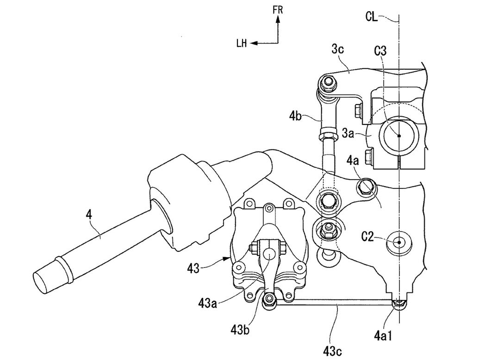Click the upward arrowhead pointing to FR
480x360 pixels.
278,20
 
